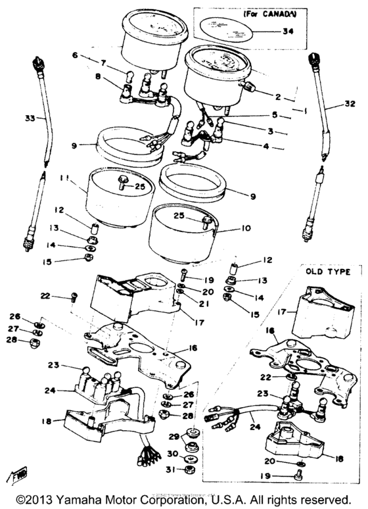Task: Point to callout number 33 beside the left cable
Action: (x=28, y=119)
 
